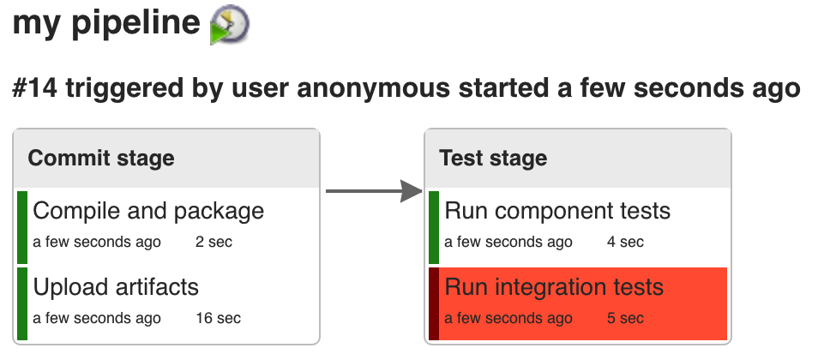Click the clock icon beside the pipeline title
pos(230,25)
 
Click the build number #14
pos(35,88)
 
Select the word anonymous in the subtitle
pos(374,88)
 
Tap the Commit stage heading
pos(101,158)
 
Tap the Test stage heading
pos(494,158)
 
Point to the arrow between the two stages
pos(374,191)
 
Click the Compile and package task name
pos(148,212)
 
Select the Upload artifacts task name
pos(116,287)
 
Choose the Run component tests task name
pos(557,212)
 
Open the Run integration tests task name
pos(554,287)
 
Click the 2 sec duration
pos(214,242)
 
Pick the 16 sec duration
pos(219,318)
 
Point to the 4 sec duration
pos(625,242)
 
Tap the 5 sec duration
pos(625,318)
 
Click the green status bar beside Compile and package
pos(22,227)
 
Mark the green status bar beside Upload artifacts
pos(22,303)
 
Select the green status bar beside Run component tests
pos(434,227)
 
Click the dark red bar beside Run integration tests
pos(434,303)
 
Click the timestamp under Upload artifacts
pos(97,318)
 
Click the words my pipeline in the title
pos(106,24)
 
